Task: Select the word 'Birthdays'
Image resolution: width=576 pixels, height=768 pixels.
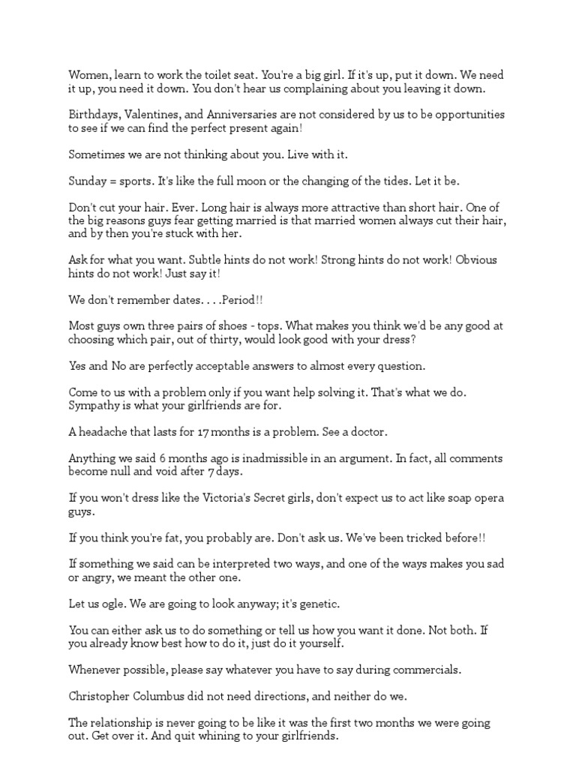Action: pyautogui.click(x=94, y=115)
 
